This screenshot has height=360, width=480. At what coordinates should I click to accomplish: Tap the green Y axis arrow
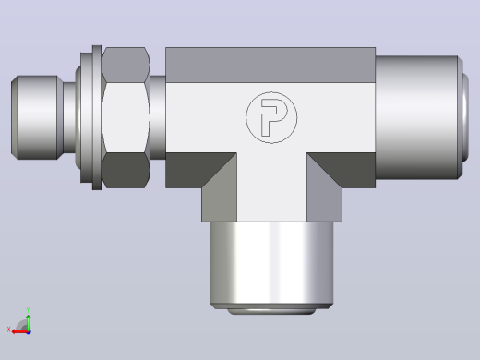pos(28,322)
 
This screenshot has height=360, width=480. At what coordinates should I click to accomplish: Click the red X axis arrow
pos(19,332)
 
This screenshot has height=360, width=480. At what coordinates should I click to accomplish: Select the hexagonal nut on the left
pos(126,117)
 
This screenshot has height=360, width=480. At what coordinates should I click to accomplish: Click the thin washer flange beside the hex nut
pos(97,117)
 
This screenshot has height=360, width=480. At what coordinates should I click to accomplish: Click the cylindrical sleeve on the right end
pos(416,117)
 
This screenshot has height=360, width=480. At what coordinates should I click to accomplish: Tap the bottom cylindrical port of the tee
pos(271,265)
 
